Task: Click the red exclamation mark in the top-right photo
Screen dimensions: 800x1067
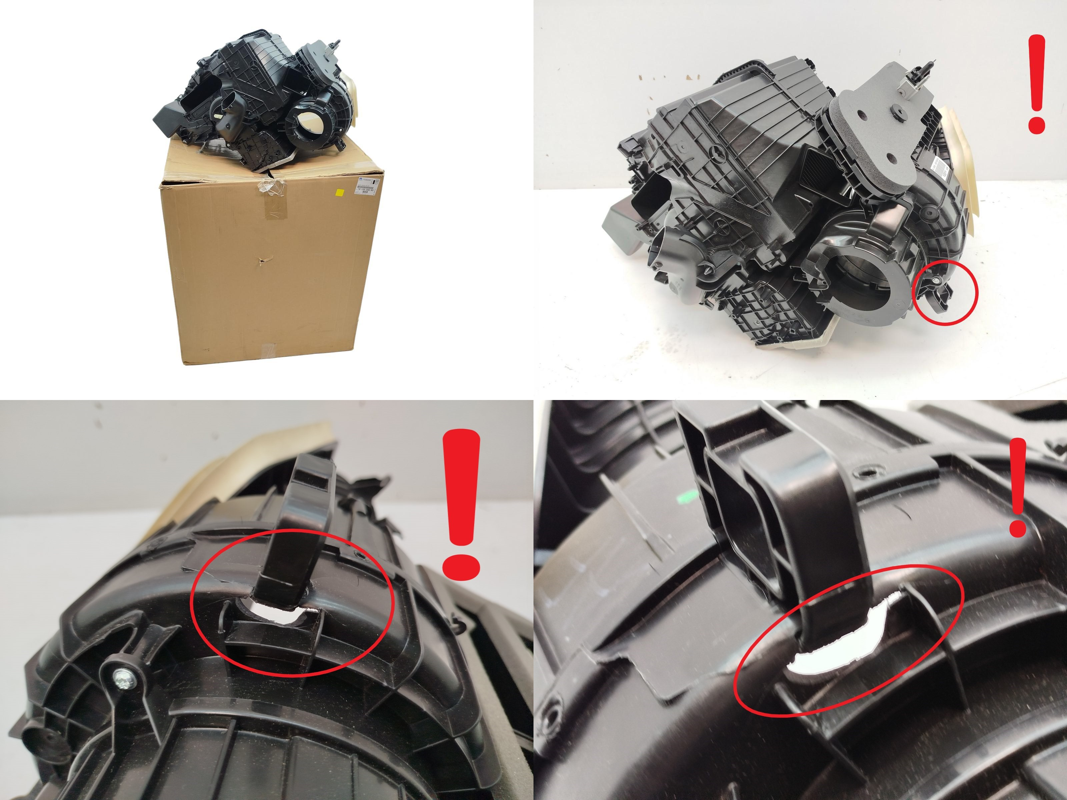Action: (1036, 84)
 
